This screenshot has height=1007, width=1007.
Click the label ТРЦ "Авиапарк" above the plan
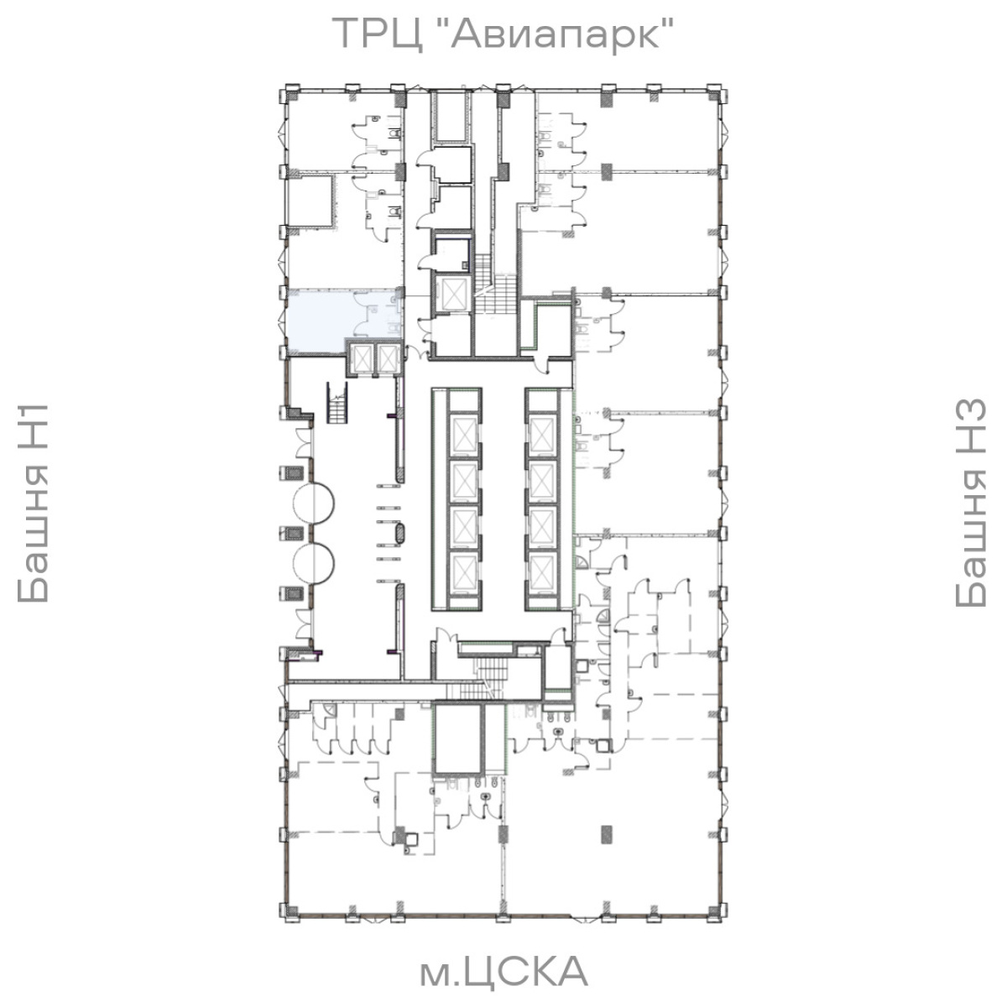pyautogui.click(x=502, y=34)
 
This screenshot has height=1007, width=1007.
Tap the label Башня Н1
pyautogui.click(x=33, y=503)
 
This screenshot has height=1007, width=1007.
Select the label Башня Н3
pyautogui.click(x=970, y=503)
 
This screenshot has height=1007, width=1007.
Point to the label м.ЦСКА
pyautogui.click(x=503, y=970)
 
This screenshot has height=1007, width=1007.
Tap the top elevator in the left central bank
pyautogui.click(x=464, y=435)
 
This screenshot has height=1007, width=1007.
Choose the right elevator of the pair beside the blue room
pyautogui.click(x=387, y=358)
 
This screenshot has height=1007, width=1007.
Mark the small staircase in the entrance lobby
pyautogui.click(x=337, y=403)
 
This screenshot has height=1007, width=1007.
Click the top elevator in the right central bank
pyautogui.click(x=541, y=435)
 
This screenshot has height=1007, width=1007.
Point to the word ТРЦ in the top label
pyautogui.click(x=378, y=34)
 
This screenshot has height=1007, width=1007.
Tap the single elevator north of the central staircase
pyautogui.click(x=452, y=293)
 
